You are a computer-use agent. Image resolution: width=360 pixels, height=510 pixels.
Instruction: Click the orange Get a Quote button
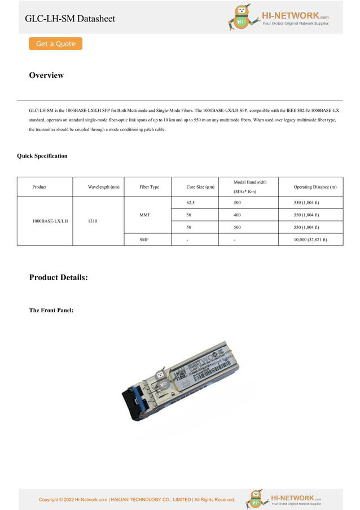click(55, 43)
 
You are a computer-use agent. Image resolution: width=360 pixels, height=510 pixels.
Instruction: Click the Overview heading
click(46, 75)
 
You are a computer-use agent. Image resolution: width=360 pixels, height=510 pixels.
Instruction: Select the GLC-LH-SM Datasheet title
click(70, 19)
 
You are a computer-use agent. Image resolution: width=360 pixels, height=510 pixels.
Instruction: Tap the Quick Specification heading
click(42, 156)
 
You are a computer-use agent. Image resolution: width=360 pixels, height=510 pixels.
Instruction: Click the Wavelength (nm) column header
click(103, 187)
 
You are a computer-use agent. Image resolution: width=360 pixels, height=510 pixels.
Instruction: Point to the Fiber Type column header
click(149, 187)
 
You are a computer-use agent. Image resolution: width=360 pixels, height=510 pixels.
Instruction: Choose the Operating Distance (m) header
click(315, 187)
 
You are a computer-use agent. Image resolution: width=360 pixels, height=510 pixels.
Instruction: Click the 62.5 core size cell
click(191, 202)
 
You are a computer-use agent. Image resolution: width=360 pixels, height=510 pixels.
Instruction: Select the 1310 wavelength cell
click(93, 221)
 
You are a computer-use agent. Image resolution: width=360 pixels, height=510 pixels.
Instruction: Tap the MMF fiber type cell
click(144, 215)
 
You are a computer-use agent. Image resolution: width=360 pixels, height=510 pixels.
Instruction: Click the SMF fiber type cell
click(144, 240)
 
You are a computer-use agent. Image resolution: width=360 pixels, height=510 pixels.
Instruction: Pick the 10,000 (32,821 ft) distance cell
click(310, 240)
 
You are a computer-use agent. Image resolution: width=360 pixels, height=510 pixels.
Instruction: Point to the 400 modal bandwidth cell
click(237, 215)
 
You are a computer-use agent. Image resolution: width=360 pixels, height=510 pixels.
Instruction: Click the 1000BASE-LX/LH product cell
click(50, 221)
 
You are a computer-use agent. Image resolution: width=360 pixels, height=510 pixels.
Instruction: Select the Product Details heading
click(58, 277)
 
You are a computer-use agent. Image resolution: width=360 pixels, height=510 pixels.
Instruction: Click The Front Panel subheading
click(51, 310)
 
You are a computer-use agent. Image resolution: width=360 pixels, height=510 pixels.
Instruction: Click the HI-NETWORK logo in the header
click(278, 18)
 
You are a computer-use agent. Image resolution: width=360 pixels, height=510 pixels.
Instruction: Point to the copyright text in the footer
click(137, 499)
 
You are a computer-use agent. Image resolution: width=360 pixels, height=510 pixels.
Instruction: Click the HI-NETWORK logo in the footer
click(283, 499)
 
